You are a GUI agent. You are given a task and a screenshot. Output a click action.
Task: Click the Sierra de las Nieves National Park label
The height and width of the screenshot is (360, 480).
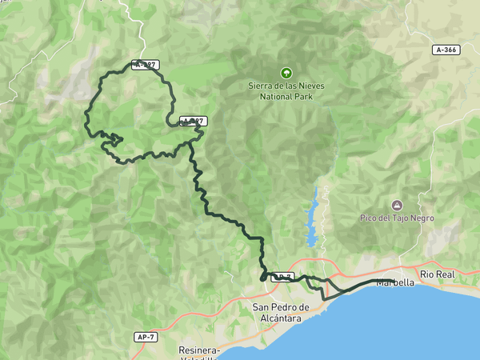286,90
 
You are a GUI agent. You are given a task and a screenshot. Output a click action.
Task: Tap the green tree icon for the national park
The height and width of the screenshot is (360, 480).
286,72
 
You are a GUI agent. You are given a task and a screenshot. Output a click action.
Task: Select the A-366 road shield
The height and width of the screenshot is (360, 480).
446,50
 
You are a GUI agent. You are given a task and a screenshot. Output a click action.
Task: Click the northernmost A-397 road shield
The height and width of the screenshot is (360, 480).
146,65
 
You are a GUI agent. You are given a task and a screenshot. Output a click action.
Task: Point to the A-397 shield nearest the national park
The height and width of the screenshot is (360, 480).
194,121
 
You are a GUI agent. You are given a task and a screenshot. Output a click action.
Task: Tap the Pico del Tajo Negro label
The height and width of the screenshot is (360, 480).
397,218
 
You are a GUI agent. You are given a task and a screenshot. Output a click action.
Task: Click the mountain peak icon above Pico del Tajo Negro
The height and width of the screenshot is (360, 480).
398,206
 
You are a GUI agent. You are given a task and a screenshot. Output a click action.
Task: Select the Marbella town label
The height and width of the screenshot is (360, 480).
395,282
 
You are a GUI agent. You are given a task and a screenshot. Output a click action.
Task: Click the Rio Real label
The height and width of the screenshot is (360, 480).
438,274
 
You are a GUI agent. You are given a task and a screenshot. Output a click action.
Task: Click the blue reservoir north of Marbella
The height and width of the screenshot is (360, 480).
313,220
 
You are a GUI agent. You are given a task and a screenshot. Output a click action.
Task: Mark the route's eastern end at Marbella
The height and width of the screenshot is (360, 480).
390,281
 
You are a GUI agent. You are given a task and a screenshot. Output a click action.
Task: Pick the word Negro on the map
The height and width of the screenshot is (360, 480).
419,218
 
